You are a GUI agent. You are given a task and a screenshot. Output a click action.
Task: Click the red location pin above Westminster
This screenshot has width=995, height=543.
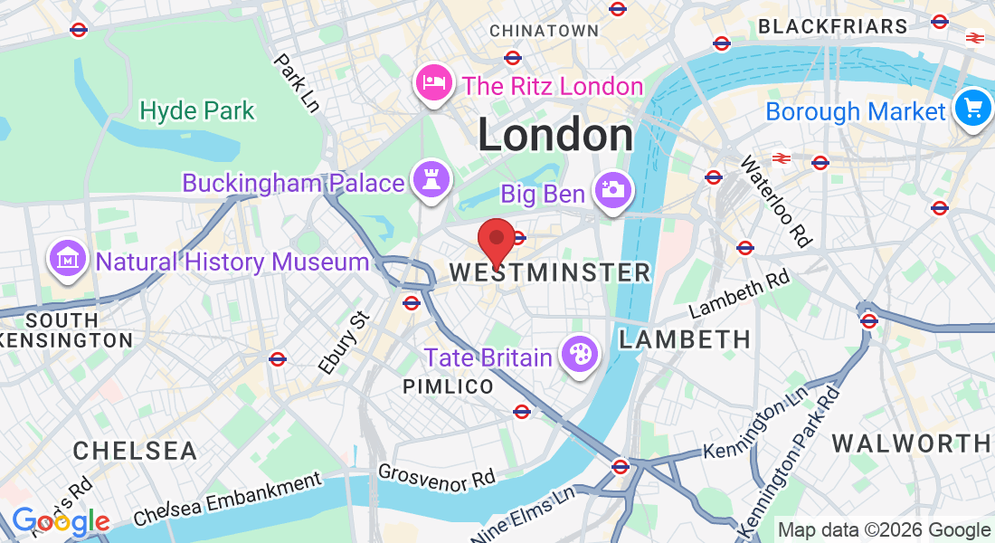496,240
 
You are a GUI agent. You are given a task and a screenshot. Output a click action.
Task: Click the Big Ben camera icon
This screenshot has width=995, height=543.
612,191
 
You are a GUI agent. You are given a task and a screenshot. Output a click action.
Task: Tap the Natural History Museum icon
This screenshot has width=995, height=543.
68,260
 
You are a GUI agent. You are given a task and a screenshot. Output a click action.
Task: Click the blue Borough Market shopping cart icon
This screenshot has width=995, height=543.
972,110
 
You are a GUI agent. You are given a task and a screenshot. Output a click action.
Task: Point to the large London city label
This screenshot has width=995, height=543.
555,136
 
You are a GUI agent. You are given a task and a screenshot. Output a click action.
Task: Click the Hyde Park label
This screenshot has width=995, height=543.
197,111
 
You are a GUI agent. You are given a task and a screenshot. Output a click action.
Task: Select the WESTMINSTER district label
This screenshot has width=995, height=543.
550,272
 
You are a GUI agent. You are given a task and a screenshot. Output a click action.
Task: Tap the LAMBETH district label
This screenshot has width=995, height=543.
685,339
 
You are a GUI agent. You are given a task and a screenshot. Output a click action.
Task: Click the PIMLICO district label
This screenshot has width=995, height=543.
448,387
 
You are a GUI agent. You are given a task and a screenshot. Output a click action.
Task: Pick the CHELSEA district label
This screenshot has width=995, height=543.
135,451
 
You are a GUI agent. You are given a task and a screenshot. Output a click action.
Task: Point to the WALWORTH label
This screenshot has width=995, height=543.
911,443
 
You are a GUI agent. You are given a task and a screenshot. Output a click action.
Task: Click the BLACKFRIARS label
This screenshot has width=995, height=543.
832,27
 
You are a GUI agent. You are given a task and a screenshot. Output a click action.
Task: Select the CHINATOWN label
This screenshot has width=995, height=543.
544,31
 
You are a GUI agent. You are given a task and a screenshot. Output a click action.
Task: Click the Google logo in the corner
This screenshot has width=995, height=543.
60,522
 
